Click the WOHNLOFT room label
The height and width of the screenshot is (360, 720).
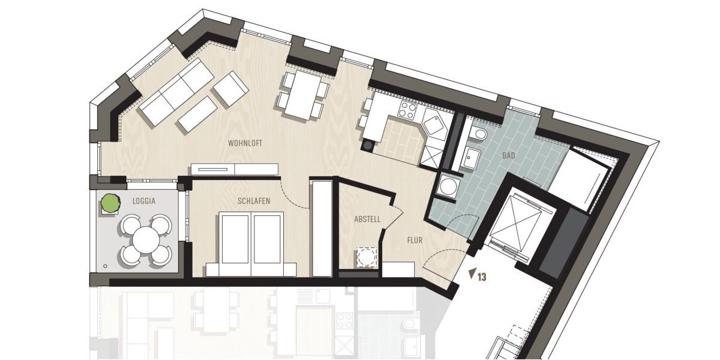(x=245, y=143)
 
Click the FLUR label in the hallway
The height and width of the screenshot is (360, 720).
(x=414, y=240)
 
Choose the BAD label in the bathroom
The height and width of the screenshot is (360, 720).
(x=509, y=155)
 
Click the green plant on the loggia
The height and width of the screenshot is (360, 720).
(x=110, y=203)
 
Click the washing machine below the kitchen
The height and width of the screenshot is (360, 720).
(x=447, y=187)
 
